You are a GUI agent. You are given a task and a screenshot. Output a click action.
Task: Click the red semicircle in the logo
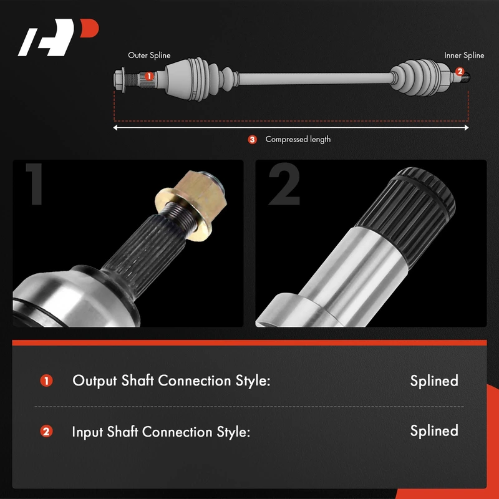[90, 27]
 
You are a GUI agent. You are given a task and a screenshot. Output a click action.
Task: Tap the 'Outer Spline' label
[149, 56]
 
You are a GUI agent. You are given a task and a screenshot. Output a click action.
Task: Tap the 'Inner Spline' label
[464, 56]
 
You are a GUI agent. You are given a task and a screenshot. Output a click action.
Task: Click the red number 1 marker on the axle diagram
[149, 76]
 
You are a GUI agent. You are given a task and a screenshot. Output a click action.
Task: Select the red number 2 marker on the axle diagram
[460, 71]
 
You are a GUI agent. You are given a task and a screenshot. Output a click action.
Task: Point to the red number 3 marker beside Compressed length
[253, 139]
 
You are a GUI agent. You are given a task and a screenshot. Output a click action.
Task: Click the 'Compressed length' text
[298, 139]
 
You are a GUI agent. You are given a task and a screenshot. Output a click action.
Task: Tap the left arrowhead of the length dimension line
[115, 128]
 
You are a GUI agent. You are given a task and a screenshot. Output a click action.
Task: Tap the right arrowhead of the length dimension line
[467, 128]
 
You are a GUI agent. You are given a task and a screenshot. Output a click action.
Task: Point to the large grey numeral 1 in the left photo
[34, 184]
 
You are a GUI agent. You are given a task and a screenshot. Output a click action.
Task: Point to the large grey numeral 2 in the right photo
[284, 184]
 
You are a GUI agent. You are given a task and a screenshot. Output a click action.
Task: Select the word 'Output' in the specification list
[95, 381]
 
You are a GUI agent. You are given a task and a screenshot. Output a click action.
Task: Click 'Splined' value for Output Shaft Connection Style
[434, 381]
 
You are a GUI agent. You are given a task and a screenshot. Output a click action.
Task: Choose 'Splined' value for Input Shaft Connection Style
[434, 431]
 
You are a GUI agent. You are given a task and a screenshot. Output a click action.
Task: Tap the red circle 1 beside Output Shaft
[46, 381]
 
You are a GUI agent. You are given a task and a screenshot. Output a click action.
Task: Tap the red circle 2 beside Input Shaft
[46, 432]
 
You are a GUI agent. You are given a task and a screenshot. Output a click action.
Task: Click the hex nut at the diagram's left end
[120, 79]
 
